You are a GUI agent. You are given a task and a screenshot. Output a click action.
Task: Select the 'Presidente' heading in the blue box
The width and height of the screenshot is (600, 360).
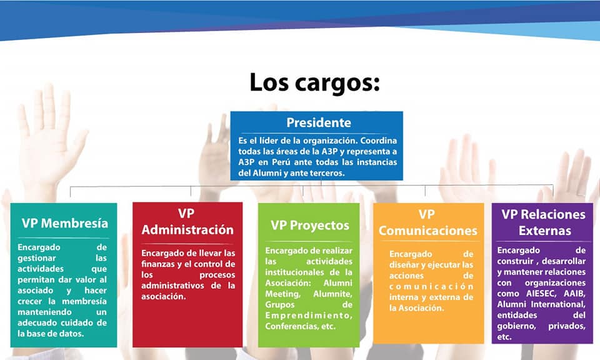click(x=319, y=122)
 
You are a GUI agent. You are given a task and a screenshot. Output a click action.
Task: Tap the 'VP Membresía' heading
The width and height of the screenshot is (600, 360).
click(x=64, y=223)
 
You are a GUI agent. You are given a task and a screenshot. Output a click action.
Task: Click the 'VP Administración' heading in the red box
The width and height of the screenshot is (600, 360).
click(x=187, y=221)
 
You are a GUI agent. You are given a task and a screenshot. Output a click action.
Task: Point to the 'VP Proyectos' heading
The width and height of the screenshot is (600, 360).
click(x=310, y=226)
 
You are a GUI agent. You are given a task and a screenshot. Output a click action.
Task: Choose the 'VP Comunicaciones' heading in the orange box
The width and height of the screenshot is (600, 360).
click(x=427, y=222)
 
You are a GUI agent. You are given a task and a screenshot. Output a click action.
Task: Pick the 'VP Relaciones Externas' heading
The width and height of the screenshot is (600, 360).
click(x=543, y=222)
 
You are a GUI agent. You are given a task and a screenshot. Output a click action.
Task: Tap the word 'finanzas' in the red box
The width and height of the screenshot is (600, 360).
click(x=156, y=264)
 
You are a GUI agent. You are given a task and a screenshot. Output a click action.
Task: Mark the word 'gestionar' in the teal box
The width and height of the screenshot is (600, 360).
click(x=37, y=259)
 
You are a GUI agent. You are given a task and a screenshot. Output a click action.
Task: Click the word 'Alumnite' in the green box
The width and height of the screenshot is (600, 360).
click(x=332, y=294)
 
